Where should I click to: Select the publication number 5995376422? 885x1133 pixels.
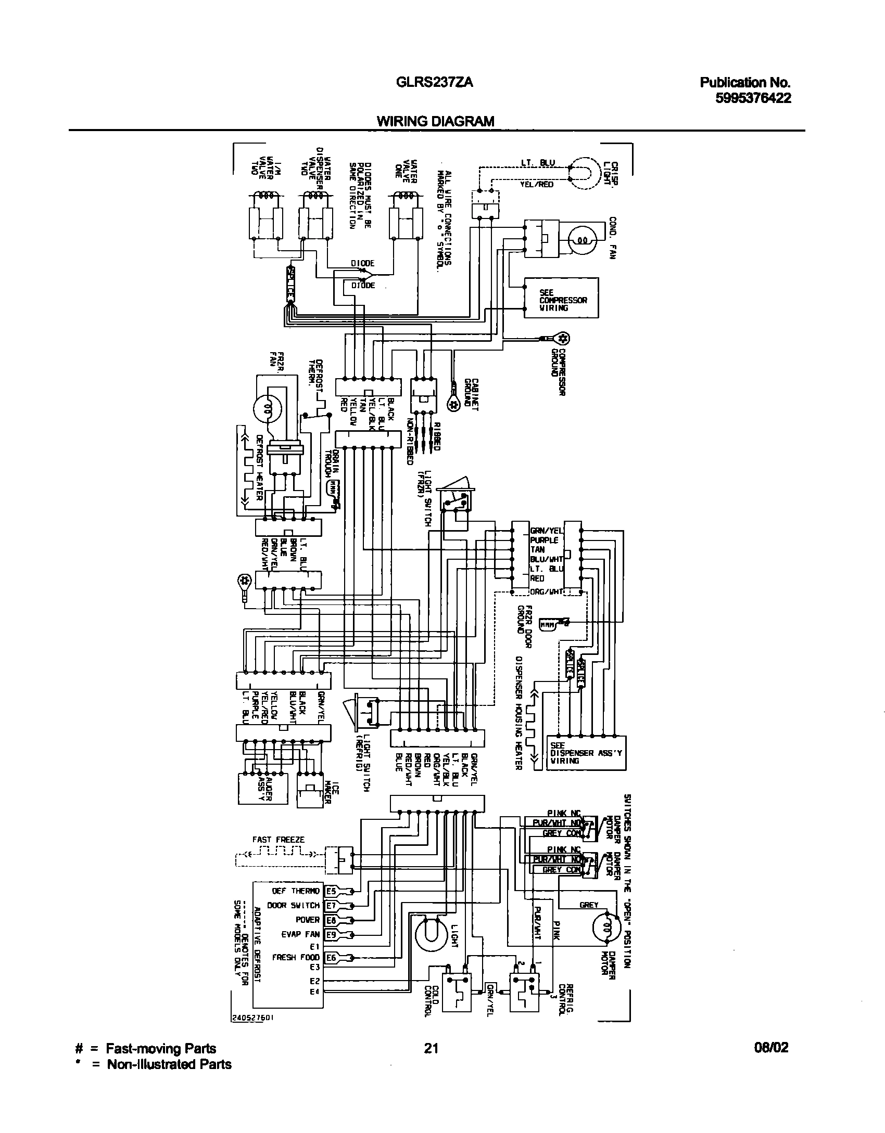coord(753,98)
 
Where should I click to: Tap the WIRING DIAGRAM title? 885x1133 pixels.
coord(435,121)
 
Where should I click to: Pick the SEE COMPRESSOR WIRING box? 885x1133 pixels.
coord(561,298)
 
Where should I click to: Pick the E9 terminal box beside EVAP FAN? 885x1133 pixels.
coord(331,934)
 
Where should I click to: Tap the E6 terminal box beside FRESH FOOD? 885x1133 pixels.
coord(331,957)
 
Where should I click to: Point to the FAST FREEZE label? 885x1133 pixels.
coord(279,839)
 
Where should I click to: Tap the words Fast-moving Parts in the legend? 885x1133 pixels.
coord(161,1048)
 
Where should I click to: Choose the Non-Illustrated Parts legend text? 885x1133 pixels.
coord(169,1064)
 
